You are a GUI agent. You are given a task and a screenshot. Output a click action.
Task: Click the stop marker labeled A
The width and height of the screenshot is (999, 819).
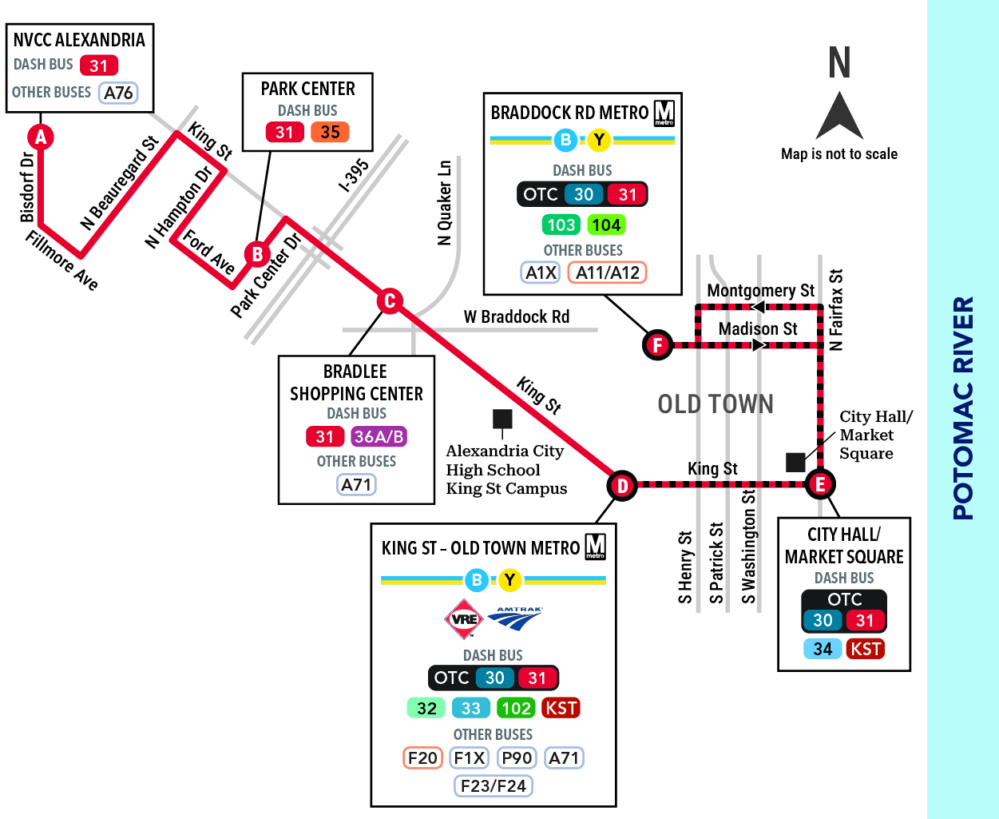[x=41, y=137]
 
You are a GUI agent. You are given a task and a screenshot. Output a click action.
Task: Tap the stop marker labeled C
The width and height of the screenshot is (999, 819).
[x=390, y=301]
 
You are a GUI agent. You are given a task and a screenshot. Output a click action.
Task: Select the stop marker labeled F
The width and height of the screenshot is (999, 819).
[x=657, y=344]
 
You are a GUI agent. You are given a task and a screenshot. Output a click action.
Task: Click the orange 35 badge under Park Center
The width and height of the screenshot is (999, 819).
[x=330, y=132]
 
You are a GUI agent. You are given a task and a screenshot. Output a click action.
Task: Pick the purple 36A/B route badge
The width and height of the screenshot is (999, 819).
[x=379, y=436]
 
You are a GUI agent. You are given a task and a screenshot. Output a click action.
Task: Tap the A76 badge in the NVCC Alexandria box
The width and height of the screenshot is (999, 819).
[x=118, y=93]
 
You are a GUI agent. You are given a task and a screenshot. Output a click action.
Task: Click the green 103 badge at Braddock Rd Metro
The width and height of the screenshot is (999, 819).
[x=561, y=225]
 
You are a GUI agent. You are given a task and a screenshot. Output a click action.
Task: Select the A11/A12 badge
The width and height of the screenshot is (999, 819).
[x=607, y=272]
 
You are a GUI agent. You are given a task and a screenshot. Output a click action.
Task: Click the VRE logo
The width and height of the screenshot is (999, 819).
[x=464, y=618]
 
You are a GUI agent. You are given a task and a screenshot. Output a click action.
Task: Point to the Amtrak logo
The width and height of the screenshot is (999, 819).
[x=515, y=618]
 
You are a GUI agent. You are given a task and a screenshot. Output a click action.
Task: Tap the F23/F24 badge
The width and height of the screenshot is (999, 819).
[x=493, y=785]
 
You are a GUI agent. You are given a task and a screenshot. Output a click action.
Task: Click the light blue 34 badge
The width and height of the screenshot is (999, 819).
[x=823, y=648]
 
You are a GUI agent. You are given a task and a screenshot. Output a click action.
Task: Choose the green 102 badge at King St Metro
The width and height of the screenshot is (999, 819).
[x=516, y=708]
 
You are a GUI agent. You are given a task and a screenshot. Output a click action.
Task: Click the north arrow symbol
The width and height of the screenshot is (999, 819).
[x=839, y=115]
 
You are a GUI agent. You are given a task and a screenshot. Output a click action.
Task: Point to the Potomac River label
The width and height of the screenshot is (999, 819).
[x=962, y=408]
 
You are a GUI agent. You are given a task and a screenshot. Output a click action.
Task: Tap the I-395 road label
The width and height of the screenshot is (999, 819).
[x=354, y=175]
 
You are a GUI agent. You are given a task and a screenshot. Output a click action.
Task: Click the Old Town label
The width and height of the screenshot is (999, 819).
[x=716, y=404]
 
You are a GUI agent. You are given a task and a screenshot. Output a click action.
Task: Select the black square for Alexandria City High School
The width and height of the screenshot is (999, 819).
[x=502, y=419]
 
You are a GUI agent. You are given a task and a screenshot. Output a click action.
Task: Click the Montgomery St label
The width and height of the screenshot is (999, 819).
[x=761, y=290]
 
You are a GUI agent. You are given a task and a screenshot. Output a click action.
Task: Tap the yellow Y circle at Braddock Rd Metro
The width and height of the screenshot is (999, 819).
[x=599, y=140]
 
